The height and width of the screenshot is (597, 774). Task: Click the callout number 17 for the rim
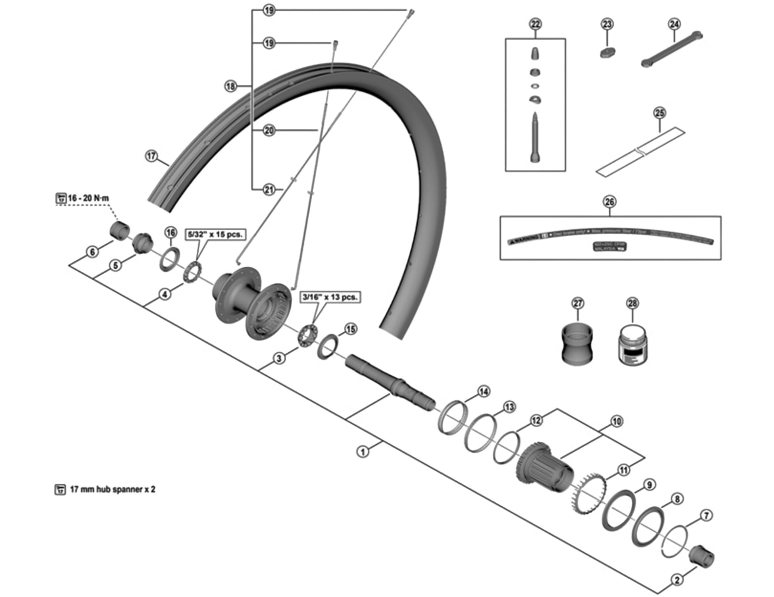[x=151, y=156]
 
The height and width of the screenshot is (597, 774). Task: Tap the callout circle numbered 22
[x=535, y=25]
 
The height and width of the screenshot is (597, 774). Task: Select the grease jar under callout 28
[x=632, y=345]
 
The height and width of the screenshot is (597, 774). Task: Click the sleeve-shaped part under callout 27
[x=577, y=345]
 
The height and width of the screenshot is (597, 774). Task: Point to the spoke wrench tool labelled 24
[x=672, y=49]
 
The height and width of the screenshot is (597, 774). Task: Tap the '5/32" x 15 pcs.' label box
[x=215, y=234]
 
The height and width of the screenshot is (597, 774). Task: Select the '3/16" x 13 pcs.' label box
[x=330, y=297]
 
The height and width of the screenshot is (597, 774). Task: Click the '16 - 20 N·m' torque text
[x=88, y=198]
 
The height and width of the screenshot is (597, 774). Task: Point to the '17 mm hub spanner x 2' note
[x=112, y=489]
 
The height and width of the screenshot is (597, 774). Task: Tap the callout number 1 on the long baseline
[x=363, y=451]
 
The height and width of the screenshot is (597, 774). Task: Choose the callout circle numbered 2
[x=677, y=580]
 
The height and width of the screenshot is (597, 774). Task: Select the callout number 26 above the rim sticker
[x=609, y=202]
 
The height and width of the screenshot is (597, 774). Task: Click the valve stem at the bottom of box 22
[x=535, y=139]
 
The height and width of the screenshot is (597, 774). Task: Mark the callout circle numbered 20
[x=269, y=131]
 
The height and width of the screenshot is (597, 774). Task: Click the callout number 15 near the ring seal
[x=351, y=329]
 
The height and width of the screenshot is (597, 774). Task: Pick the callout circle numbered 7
[x=706, y=515]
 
